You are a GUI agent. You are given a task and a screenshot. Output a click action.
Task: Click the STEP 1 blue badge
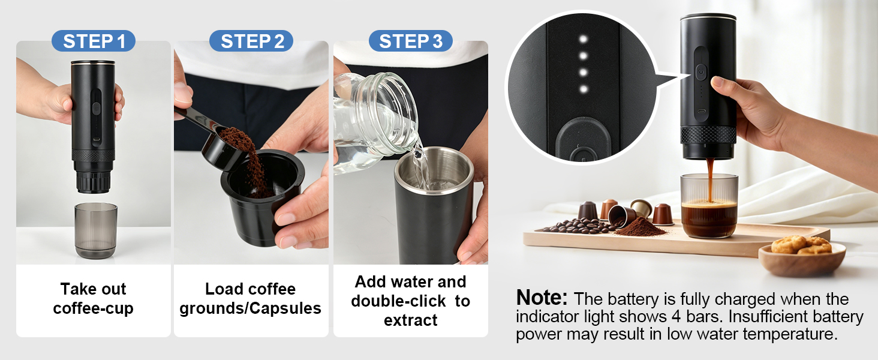pyautogui.click(x=94, y=41)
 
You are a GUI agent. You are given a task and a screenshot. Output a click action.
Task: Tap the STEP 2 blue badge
pyautogui.click(x=251, y=41)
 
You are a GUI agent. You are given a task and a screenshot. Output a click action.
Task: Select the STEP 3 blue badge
pyautogui.click(x=410, y=41)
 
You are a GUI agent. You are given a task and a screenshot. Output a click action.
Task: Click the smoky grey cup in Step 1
pyautogui.click(x=95, y=230)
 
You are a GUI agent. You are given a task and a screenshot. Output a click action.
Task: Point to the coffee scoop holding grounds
pyautogui.click(x=212, y=137)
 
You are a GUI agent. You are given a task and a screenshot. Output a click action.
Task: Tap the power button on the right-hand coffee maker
pyautogui.click(x=701, y=72)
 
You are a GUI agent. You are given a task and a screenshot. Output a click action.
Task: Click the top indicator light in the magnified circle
pyautogui.click(x=584, y=39)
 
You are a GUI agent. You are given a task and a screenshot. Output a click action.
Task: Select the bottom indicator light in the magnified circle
pyautogui.click(x=584, y=89)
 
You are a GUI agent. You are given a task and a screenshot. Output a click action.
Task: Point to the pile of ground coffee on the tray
pyautogui.click(x=641, y=227)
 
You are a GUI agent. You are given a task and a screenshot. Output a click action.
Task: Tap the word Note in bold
pyautogui.click(x=542, y=297)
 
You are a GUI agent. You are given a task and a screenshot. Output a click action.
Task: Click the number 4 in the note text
pyautogui.click(x=676, y=316)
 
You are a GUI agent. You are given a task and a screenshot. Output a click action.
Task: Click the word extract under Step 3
pyautogui.click(x=410, y=320)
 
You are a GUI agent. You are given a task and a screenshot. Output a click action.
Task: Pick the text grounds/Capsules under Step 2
pyautogui.click(x=251, y=308)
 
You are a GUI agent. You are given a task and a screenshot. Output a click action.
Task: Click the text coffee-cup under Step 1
pyautogui.click(x=94, y=308)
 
